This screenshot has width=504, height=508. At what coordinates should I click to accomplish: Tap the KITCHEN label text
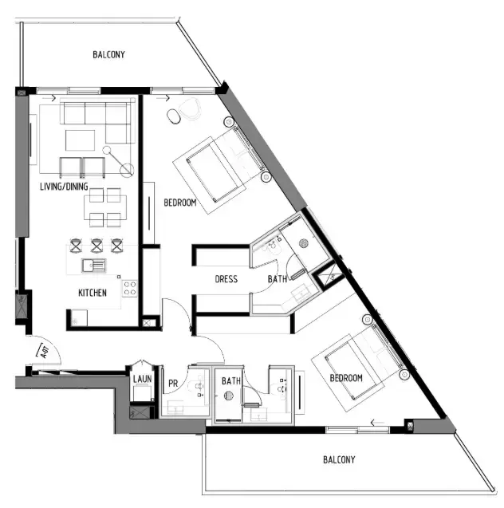(92, 293)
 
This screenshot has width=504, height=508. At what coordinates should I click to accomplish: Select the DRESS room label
(226, 279)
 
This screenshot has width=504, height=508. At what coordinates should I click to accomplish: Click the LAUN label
(143, 379)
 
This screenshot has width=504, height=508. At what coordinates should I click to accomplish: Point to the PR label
(172, 382)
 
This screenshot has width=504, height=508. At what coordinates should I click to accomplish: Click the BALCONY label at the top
(108, 55)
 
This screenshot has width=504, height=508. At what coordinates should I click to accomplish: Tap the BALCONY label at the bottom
(339, 459)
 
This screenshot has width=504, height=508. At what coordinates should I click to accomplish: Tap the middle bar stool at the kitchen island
(96, 244)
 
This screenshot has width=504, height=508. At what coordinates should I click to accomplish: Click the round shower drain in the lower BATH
(230, 394)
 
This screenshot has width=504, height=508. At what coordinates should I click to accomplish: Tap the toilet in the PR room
(196, 389)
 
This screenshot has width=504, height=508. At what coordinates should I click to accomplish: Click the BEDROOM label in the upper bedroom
(179, 203)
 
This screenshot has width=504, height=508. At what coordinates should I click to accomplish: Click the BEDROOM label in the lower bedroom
(346, 377)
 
